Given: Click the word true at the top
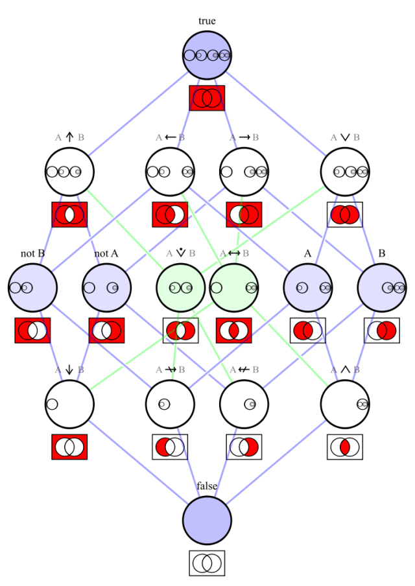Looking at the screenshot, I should click(x=207, y=21).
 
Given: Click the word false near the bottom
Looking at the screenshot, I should click(x=207, y=486).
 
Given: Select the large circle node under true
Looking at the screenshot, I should click(x=207, y=55).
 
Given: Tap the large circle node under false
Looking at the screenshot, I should click(x=207, y=521).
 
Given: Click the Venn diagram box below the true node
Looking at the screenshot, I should click(x=207, y=98).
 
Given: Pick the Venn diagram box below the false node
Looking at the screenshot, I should click(x=207, y=563).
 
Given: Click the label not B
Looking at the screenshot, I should click(x=32, y=253).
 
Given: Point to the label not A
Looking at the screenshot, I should click(x=106, y=253).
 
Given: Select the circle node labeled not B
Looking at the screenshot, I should click(x=32, y=288).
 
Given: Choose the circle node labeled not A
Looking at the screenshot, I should click(x=106, y=288).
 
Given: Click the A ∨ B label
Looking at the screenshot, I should click(x=345, y=137).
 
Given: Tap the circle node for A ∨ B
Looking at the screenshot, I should click(x=345, y=172).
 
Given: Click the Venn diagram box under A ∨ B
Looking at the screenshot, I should click(x=345, y=215).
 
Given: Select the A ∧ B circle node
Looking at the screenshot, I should click(x=345, y=404).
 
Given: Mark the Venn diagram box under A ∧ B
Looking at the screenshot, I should click(x=345, y=447).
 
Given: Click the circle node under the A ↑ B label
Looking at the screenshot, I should click(x=69, y=172).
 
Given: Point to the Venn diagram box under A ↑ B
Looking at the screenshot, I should click(x=69, y=215).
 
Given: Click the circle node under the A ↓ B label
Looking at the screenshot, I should click(x=69, y=404).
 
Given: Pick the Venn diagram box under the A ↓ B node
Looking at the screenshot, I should click(x=69, y=447).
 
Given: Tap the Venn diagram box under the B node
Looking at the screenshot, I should click(x=382, y=331).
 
